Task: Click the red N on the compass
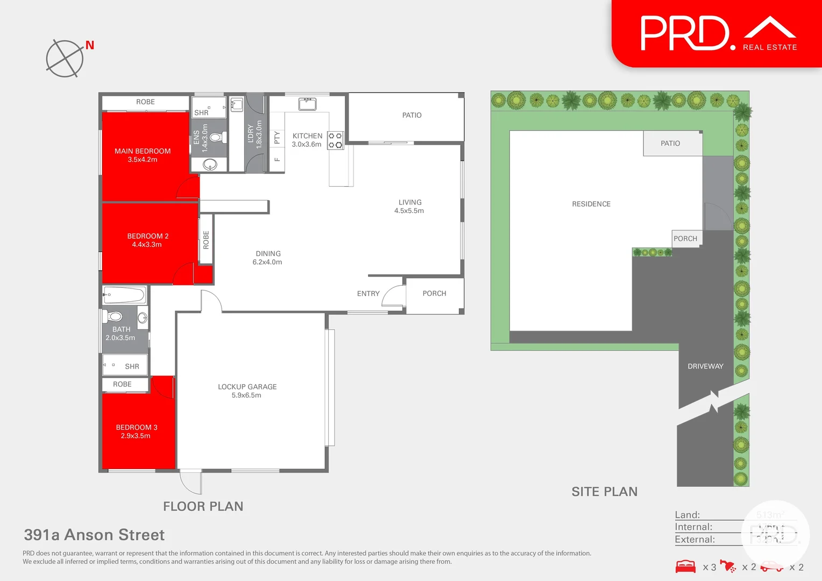coord(90,46)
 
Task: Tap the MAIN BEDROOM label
coord(143,155)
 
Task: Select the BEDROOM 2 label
coord(147,240)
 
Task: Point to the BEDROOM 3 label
coord(137,431)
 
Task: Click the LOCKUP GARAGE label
coord(247,391)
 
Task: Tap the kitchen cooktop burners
coord(335,140)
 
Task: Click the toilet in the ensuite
coord(216,138)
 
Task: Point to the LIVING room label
coord(409,206)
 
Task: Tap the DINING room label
coord(268,258)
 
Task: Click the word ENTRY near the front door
coord(368,294)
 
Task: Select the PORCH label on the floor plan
coord(434,294)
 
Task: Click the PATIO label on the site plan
coord(670,144)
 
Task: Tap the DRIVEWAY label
coord(705,366)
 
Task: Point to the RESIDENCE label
coord(591,204)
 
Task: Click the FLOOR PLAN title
coord(203,506)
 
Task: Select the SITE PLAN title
coord(604,492)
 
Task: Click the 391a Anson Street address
coord(94,535)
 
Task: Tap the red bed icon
coord(685,566)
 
